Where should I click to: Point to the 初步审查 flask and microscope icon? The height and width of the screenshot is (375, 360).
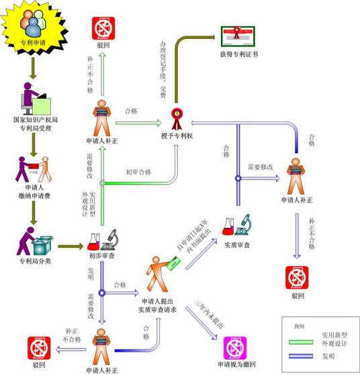pyautogui.click(x=102, y=241)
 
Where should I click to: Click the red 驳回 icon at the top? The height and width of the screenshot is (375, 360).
pyautogui.click(x=102, y=27)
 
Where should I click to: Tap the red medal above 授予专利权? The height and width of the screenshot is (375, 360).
pyautogui.click(x=177, y=118)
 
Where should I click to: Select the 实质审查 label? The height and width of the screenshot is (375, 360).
pyautogui.click(x=237, y=245)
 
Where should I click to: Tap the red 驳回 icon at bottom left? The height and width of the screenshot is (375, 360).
pyautogui.click(x=38, y=348)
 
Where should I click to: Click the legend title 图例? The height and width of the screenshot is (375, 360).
pyautogui.click(x=299, y=325)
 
